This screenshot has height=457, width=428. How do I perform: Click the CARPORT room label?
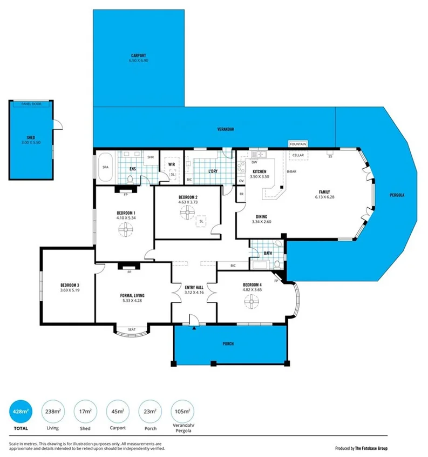coord(138,56)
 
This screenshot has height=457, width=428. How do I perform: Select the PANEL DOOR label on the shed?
coord(31,103)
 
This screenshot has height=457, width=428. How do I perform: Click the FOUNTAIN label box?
coord(298,144)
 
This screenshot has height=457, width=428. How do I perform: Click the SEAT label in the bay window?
coord(131,328)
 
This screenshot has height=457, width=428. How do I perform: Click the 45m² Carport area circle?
coord(118,412)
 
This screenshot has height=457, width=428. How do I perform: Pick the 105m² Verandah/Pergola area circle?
coord(182,412)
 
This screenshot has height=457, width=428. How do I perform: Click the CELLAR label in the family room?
coord(298,155)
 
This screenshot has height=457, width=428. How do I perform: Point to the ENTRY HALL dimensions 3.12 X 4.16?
coord(194,292)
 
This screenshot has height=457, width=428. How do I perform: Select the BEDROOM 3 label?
coord(70,285)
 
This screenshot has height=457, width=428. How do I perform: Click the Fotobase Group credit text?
coord(361,448)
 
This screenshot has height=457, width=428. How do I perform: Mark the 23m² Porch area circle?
coord(150,412)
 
